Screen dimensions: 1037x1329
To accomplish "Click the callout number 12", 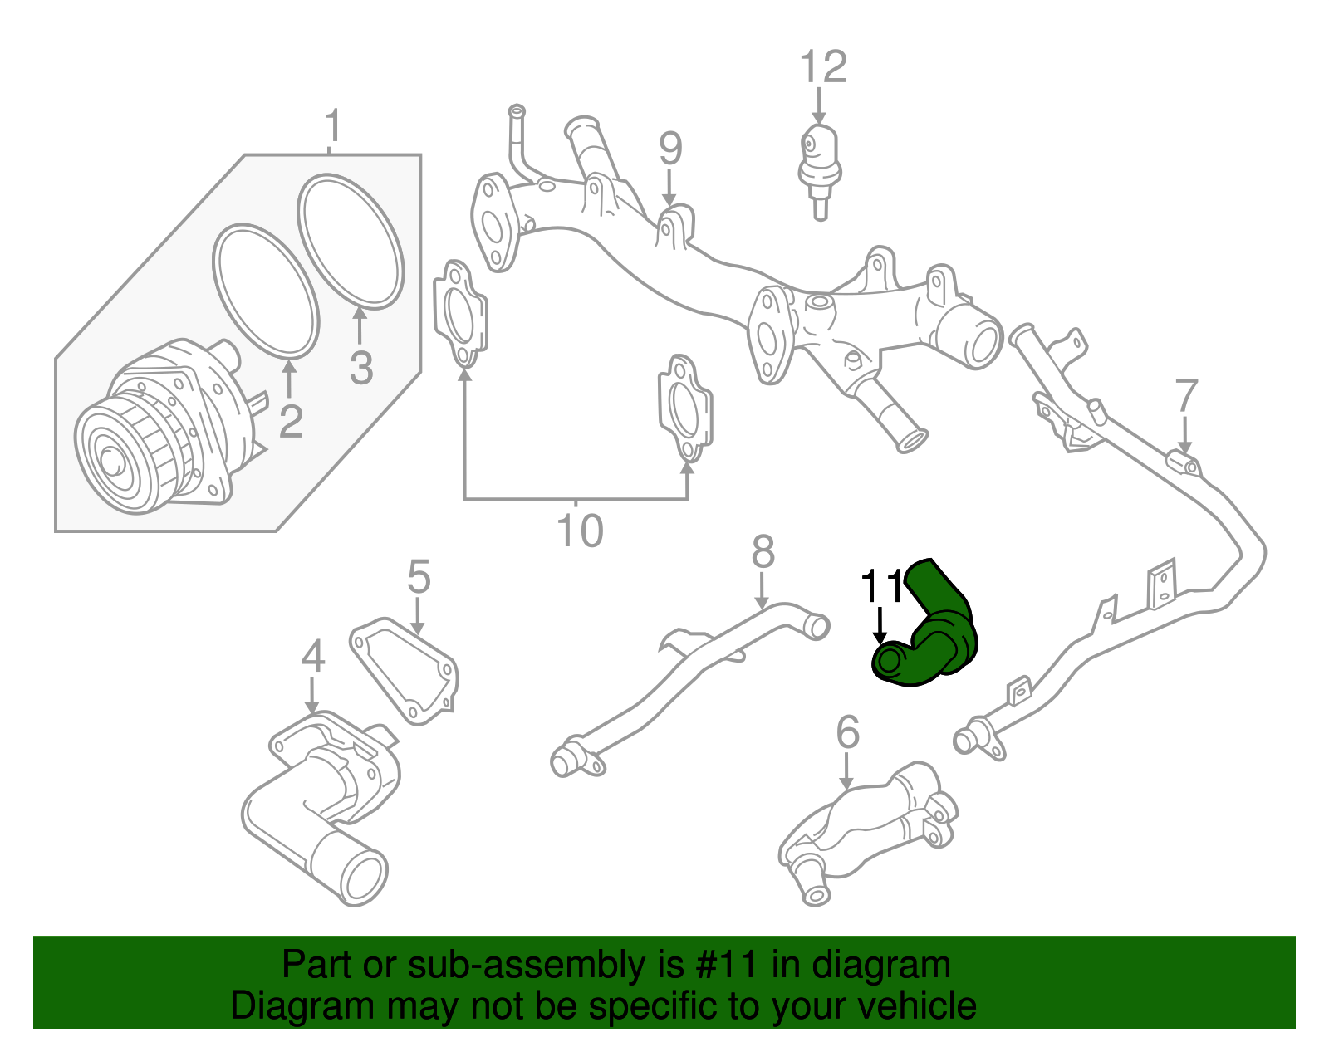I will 822,67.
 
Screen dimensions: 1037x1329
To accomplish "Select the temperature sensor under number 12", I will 820,166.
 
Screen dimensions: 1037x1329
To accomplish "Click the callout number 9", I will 670,149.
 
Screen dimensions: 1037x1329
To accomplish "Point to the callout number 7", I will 1186,396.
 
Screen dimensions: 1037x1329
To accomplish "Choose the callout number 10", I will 579,531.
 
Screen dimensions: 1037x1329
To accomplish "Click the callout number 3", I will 360,368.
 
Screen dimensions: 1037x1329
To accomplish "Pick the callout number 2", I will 290,422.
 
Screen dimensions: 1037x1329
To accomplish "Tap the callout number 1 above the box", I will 332,126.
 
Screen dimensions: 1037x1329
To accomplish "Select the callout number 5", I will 419,576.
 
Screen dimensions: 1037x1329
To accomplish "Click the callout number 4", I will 312,657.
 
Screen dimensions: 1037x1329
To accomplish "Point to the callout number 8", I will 763,551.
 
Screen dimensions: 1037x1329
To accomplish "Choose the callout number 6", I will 846,731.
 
